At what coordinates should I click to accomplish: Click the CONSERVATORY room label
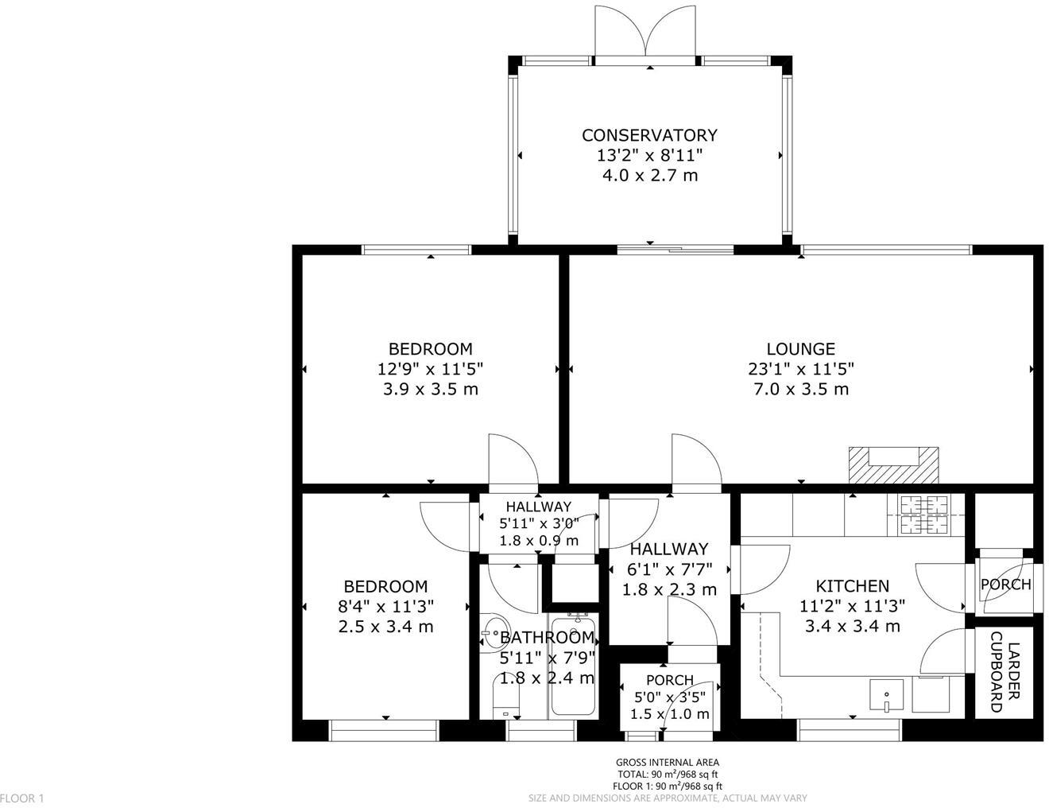pos(649,135)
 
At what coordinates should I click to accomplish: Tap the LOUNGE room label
pos(800,348)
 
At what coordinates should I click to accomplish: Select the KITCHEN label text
pos(853,586)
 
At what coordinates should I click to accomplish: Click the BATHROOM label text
pos(547,637)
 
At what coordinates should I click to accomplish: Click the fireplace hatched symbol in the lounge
pos(893,465)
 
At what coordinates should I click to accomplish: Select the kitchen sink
pos(886,696)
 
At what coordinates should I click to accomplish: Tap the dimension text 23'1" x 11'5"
pos(800,369)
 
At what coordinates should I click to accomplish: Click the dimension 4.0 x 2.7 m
pos(649,175)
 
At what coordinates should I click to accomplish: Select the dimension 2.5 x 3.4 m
pos(386,626)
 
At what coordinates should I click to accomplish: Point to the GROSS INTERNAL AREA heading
pos(668,763)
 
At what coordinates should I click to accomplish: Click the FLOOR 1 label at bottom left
pos(22,798)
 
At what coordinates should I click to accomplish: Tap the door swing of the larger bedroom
pos(509,461)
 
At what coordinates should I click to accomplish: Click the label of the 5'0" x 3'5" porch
pos(669,680)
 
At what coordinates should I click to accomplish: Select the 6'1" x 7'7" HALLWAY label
pos(668,549)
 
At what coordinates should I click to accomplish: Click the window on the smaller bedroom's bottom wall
pos(384,729)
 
